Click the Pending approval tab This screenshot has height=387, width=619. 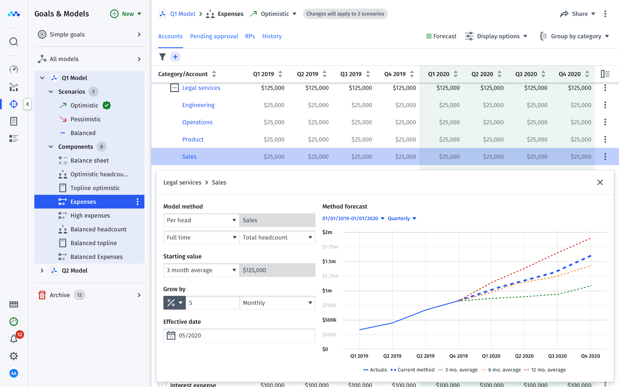pos(214,36)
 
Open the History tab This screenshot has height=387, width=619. pos(272,36)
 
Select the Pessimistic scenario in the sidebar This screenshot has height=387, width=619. pos(85,119)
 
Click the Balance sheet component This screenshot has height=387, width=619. pos(89,161)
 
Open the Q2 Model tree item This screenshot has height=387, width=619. pos(74,270)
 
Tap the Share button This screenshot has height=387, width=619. pos(578,14)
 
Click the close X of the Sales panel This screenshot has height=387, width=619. pos(600,183)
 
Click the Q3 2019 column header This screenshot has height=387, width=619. pos(351,74)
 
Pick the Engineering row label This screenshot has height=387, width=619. pos(198,105)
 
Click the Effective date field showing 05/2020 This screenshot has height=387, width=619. pos(239,336)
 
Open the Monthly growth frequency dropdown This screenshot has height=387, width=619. pos(277,303)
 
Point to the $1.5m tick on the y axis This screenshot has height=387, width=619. pos(329,262)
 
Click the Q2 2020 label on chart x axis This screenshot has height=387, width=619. pos(524,356)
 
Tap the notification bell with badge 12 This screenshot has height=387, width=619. pos(14,339)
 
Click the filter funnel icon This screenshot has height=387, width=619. pos(162,57)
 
